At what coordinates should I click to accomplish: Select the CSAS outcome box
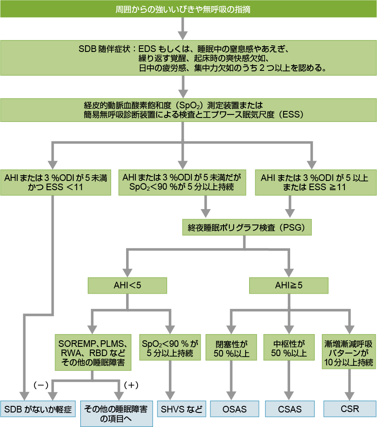tap(290, 409)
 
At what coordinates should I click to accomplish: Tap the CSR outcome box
tap(350, 409)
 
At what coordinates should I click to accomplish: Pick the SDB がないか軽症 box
tap(38, 409)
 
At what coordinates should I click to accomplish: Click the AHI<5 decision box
tap(127, 285)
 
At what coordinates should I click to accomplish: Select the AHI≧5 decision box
tap(289, 285)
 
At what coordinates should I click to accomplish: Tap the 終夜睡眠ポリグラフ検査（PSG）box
tap(247, 228)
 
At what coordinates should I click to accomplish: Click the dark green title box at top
tap(188, 9)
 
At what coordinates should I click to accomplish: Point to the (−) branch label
tap(41, 385)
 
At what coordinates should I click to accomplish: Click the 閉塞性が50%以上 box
tap(232, 348)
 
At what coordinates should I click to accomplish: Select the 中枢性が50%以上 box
tap(290, 348)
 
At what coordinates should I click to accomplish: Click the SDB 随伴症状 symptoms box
tap(188, 58)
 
